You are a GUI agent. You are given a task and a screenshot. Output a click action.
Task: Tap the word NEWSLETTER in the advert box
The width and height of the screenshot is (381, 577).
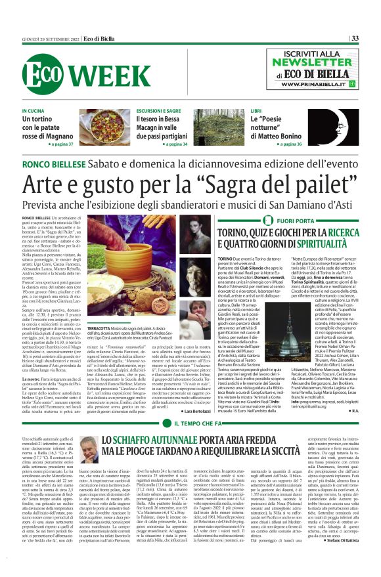coord(321,63)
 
